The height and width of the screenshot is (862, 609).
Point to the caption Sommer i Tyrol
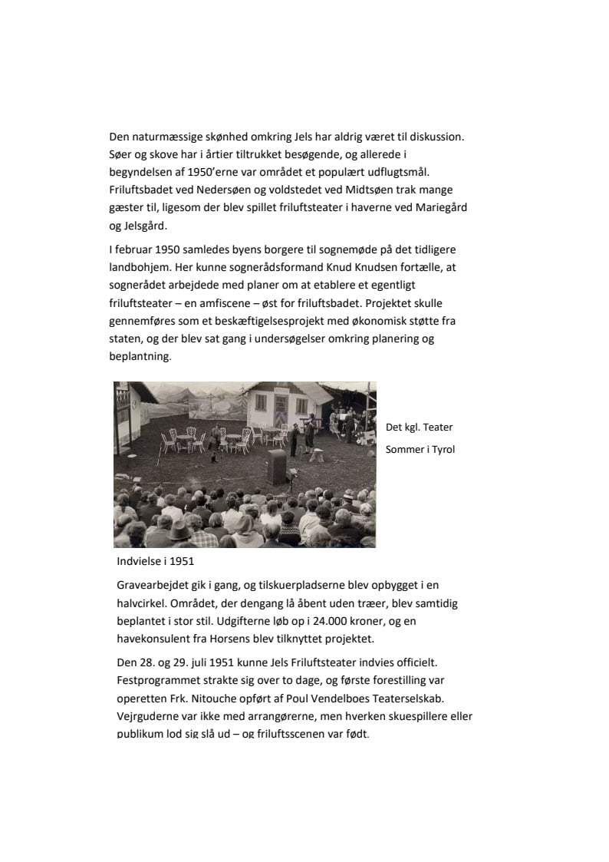(x=420, y=449)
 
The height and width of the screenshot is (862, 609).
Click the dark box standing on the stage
(x=276, y=467)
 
